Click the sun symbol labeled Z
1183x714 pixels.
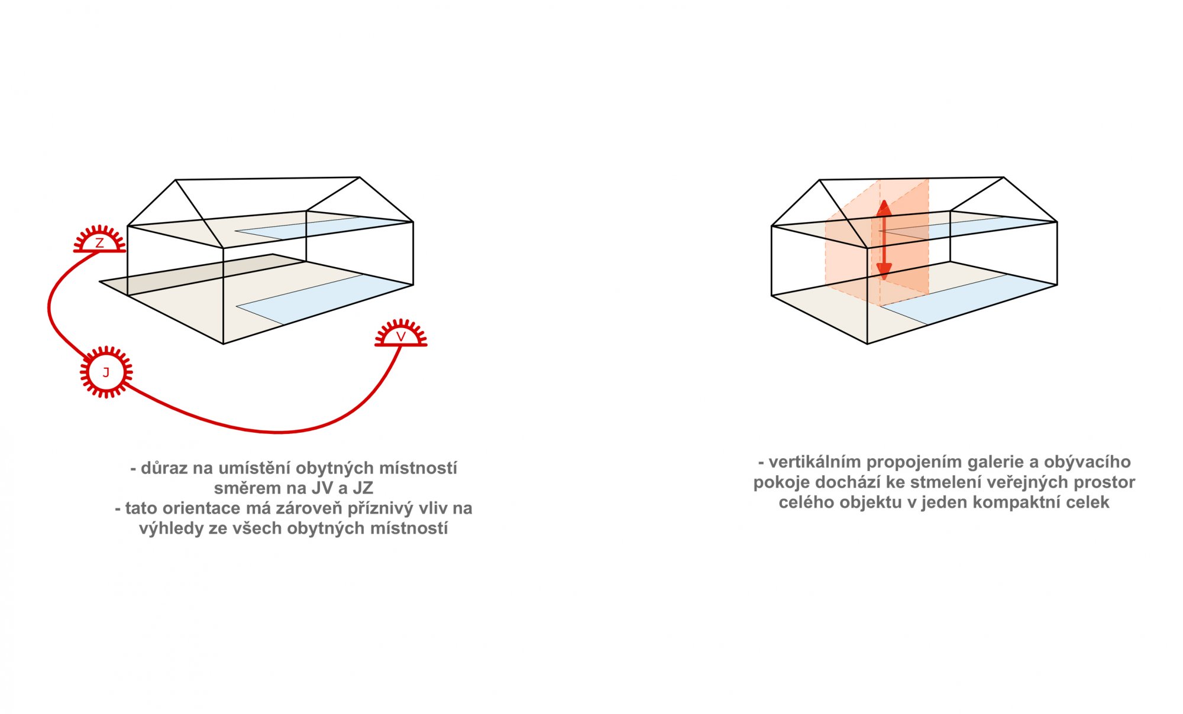[x=99, y=240]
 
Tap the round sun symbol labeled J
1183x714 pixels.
[x=106, y=372]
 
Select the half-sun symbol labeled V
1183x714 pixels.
[x=401, y=334]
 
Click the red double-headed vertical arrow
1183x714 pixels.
[x=884, y=240]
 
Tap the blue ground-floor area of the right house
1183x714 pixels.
[x=968, y=299]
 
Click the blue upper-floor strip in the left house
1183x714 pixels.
[x=324, y=228]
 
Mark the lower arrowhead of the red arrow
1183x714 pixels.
[x=884, y=272]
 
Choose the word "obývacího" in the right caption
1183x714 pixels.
[x=1087, y=462]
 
